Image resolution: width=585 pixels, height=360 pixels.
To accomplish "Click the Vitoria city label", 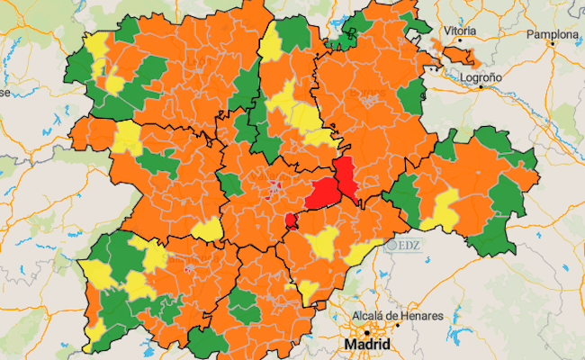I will pos(459,31).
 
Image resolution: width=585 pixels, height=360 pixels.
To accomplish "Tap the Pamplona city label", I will pos(553,35).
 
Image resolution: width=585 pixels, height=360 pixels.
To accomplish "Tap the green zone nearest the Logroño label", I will pos(410,94).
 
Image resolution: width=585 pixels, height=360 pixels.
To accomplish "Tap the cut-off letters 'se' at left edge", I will pos(4,92).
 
